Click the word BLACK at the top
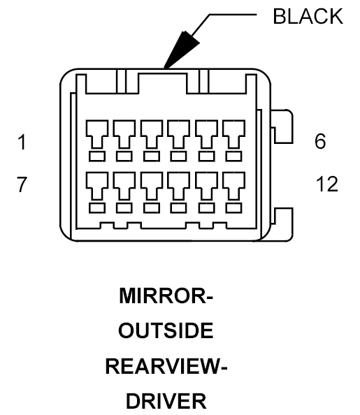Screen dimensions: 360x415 pos(308,16)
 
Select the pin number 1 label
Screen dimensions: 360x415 pos(22,142)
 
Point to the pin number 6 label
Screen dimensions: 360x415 pos(320,141)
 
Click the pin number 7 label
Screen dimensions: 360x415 pos(22,184)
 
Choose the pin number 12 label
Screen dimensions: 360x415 pos(327,184)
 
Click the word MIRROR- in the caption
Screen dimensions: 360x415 pos(166,296)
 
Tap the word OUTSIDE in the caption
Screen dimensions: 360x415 pos(166,330)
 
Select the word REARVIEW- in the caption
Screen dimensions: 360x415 pos(166,366)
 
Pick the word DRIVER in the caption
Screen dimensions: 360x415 pos(166,401)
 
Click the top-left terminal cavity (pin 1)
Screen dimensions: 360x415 pos(97,134)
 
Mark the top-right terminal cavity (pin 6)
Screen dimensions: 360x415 pos(233,134)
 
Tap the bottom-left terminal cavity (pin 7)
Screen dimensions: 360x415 pos(97,186)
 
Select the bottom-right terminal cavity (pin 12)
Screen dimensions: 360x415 pos(233,186)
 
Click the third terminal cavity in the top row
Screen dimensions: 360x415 pos(152,134)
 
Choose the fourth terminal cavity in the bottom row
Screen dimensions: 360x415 pos(179,186)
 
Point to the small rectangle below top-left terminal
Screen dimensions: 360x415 pos(97,156)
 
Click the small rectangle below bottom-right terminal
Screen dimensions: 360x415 pos(233,208)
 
